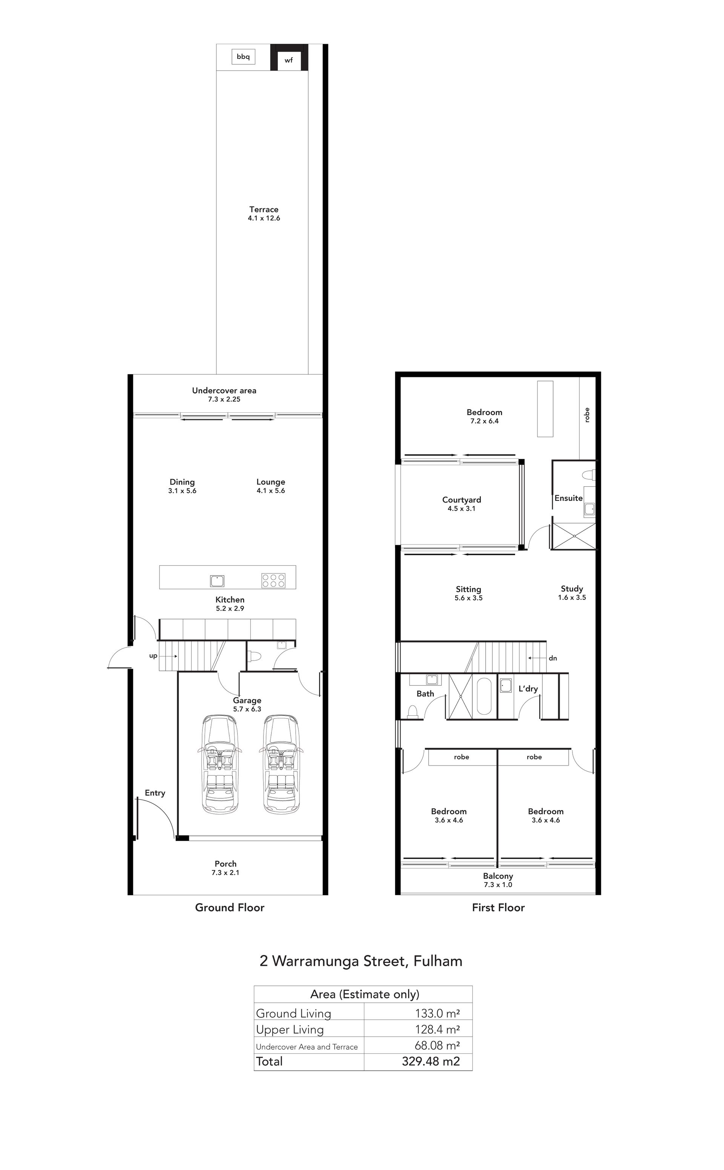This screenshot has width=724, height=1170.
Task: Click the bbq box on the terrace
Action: [243, 57]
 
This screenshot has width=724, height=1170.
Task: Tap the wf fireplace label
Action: [289, 60]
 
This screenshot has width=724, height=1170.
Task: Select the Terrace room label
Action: [264, 209]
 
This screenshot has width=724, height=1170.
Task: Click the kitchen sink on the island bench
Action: [217, 581]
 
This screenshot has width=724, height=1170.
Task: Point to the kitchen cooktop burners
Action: [273, 581]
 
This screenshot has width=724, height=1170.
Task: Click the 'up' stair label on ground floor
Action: [153, 656]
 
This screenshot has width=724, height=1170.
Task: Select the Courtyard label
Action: [462, 500]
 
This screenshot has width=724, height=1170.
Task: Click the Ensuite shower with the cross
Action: [574, 536]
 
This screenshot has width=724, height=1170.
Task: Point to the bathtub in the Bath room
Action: [484, 696]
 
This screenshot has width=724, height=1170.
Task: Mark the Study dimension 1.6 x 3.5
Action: [572, 598]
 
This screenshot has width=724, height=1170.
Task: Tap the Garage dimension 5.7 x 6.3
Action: [247, 709]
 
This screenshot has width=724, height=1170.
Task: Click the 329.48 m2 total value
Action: [431, 1061]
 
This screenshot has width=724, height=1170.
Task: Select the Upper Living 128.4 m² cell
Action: [437, 1029]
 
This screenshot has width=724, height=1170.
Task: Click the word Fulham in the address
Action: [438, 961]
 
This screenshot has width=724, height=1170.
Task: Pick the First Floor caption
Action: [499, 907]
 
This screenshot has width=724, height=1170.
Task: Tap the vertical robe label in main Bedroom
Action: [587, 415]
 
